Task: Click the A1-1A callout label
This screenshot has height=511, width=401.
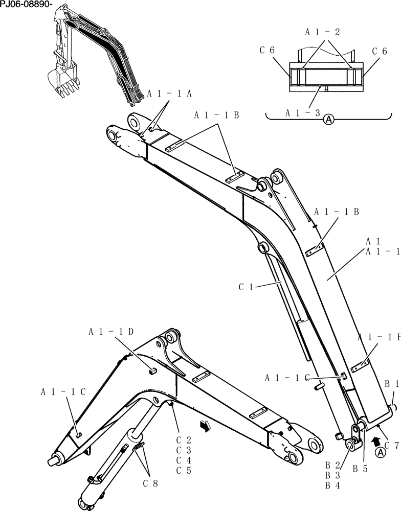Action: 169,94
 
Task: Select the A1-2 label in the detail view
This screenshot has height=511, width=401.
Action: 323,32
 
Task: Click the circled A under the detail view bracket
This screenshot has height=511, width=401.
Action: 328,120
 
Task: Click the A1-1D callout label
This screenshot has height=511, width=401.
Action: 112,332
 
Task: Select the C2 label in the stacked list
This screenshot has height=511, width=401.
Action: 183,439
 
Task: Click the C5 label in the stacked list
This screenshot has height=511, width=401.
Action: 183,471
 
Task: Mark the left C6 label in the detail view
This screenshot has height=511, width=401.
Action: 268,50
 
